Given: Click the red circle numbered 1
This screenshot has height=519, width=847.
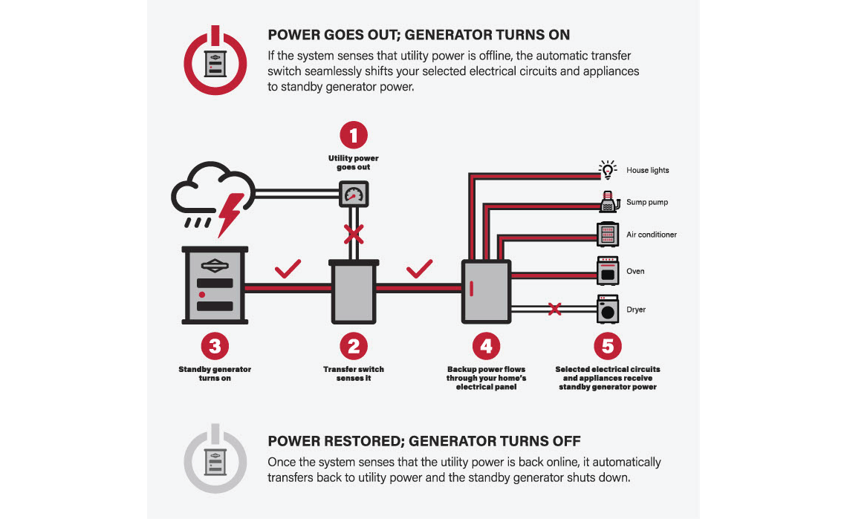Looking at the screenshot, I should (x=354, y=136).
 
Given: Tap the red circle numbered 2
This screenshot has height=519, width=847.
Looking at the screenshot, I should (x=354, y=346).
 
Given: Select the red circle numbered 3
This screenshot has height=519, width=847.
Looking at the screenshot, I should (x=215, y=346).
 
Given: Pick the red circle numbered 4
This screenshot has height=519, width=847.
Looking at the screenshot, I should (x=486, y=346).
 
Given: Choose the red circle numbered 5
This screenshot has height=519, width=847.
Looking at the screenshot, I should (x=608, y=346).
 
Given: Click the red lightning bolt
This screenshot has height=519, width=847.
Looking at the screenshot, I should (x=230, y=211).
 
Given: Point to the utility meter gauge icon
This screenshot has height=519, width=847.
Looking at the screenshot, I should (x=354, y=195).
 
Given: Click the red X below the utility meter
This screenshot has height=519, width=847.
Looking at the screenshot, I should (x=354, y=235).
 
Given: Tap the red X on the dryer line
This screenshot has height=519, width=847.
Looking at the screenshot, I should (x=554, y=309).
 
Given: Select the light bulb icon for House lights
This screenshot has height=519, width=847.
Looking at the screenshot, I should (x=608, y=171).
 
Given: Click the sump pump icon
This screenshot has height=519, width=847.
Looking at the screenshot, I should (x=608, y=202).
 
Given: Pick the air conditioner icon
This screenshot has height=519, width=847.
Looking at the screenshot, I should (x=608, y=235).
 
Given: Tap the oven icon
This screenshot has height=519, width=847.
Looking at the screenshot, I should (x=608, y=271).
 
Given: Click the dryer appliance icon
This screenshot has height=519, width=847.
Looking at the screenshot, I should (x=608, y=309).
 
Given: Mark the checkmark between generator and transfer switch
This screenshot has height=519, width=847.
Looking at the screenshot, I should (x=288, y=268).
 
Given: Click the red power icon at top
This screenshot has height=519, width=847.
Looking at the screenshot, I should (x=215, y=60).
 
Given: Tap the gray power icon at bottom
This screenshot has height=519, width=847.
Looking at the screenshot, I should (x=215, y=458).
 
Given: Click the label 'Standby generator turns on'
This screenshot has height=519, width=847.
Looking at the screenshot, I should (x=215, y=373).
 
